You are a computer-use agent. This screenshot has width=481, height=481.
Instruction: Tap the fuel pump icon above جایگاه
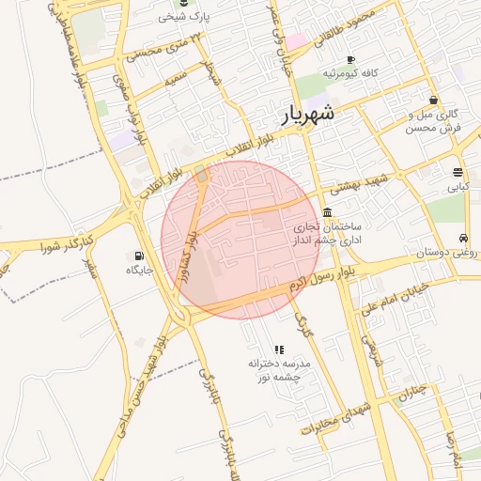(x=140, y=255)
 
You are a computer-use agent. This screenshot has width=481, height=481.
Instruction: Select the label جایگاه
(x=140, y=271)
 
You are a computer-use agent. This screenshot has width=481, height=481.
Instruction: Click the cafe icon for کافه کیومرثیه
(x=351, y=58)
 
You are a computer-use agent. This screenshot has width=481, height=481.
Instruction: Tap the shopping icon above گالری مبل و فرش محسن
(x=433, y=100)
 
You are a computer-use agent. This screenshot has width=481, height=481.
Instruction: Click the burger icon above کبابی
(x=458, y=172)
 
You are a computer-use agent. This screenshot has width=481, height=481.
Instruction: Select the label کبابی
(x=458, y=187)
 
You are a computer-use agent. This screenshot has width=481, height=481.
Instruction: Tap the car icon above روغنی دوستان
(x=464, y=237)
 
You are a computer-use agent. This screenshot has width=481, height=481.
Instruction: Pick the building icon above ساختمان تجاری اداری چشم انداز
(x=326, y=212)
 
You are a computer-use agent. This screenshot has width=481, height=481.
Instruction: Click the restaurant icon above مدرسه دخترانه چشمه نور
(x=279, y=349)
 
